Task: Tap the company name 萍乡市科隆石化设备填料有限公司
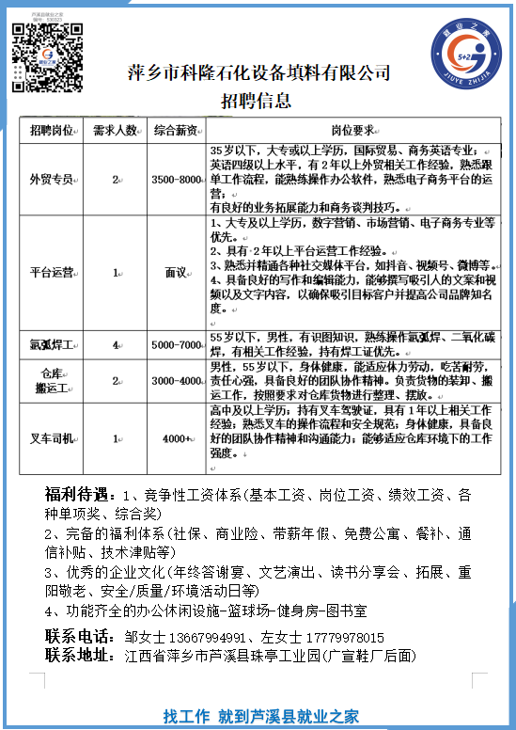pos(258,73)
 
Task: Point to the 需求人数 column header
pos(116,130)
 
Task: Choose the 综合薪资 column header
pos(175,130)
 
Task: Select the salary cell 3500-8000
pos(177,179)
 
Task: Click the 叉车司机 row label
pos(52,437)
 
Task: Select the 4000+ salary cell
pos(177,437)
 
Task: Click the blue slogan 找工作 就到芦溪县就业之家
pos(260,715)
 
